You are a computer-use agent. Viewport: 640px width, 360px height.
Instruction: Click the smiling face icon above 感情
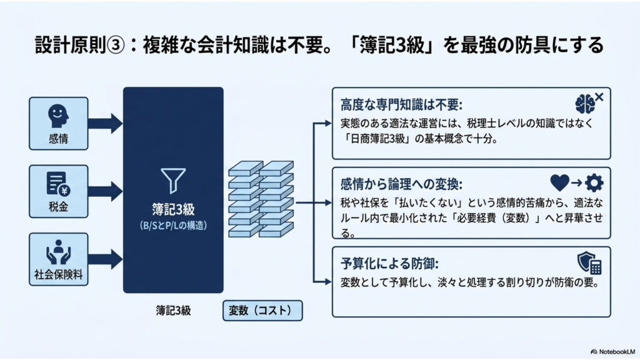(58, 116)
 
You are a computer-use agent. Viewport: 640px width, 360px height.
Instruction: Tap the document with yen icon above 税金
(58, 184)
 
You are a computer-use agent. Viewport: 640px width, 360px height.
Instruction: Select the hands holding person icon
(58, 252)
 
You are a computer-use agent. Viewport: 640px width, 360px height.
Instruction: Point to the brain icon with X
(589, 103)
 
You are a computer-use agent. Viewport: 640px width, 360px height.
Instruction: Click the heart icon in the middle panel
(559, 183)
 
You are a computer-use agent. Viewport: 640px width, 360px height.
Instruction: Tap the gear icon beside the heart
(594, 183)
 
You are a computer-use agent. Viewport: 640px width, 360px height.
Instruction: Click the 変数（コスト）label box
(262, 311)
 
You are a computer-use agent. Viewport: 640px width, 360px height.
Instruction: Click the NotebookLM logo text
(612, 351)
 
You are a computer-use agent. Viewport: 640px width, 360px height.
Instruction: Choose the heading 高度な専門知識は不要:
(401, 105)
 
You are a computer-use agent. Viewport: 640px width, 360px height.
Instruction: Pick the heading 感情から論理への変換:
(401, 184)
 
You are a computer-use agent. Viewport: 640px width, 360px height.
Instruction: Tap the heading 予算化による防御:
(389, 264)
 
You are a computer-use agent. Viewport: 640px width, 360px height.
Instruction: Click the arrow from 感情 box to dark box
(105, 124)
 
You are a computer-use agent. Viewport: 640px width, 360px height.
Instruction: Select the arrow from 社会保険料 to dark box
(105, 259)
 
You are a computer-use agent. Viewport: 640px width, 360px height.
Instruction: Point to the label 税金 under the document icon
(58, 207)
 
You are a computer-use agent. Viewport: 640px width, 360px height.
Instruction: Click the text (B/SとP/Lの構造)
(173, 225)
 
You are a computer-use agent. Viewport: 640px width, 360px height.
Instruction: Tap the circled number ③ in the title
(116, 45)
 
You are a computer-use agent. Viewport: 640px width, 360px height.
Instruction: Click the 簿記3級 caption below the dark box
(173, 311)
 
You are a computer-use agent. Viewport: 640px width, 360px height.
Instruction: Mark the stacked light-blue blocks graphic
(261, 199)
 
